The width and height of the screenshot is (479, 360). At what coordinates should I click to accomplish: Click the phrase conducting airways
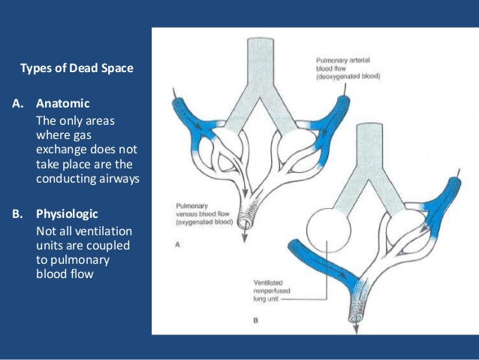click(88, 178)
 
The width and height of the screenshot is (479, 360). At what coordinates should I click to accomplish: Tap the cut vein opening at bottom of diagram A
click(245, 223)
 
